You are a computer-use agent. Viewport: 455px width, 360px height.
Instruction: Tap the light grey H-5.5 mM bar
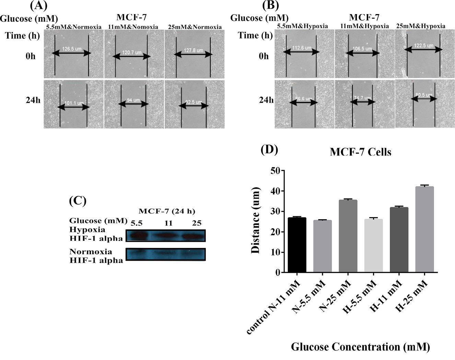click(373, 246)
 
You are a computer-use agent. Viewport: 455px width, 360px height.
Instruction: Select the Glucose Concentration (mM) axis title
click(360, 347)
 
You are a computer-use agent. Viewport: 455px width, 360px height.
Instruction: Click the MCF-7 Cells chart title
click(360, 152)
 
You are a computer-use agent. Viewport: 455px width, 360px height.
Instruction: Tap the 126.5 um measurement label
click(72, 49)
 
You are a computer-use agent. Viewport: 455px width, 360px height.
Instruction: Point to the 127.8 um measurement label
click(194, 50)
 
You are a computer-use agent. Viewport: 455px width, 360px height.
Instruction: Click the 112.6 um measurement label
click(302, 48)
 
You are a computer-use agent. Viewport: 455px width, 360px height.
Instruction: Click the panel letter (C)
click(78, 201)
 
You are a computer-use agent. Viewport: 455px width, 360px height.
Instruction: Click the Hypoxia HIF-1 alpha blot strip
click(166, 236)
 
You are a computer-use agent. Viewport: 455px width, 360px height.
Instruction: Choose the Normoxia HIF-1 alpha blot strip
click(166, 254)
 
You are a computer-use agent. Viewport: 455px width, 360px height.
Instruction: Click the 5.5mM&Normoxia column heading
click(74, 27)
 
